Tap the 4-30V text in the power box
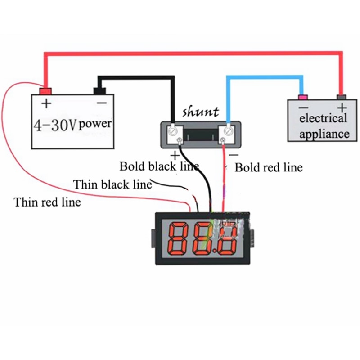[55, 124]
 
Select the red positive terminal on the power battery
[45, 91]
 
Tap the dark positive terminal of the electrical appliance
[342, 97]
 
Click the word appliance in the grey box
[324, 134]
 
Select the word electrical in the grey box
[323, 119]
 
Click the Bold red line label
[269, 168]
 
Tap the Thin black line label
[112, 184]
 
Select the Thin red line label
[47, 202]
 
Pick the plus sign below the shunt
[175, 154]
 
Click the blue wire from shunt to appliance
[265, 78]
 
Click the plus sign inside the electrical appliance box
[343, 108]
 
